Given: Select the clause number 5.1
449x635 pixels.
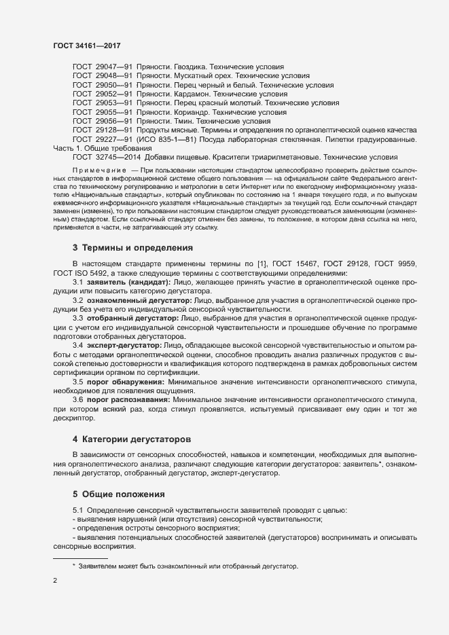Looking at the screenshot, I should [77, 510].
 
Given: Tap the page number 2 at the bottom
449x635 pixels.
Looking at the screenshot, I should [55, 582].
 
